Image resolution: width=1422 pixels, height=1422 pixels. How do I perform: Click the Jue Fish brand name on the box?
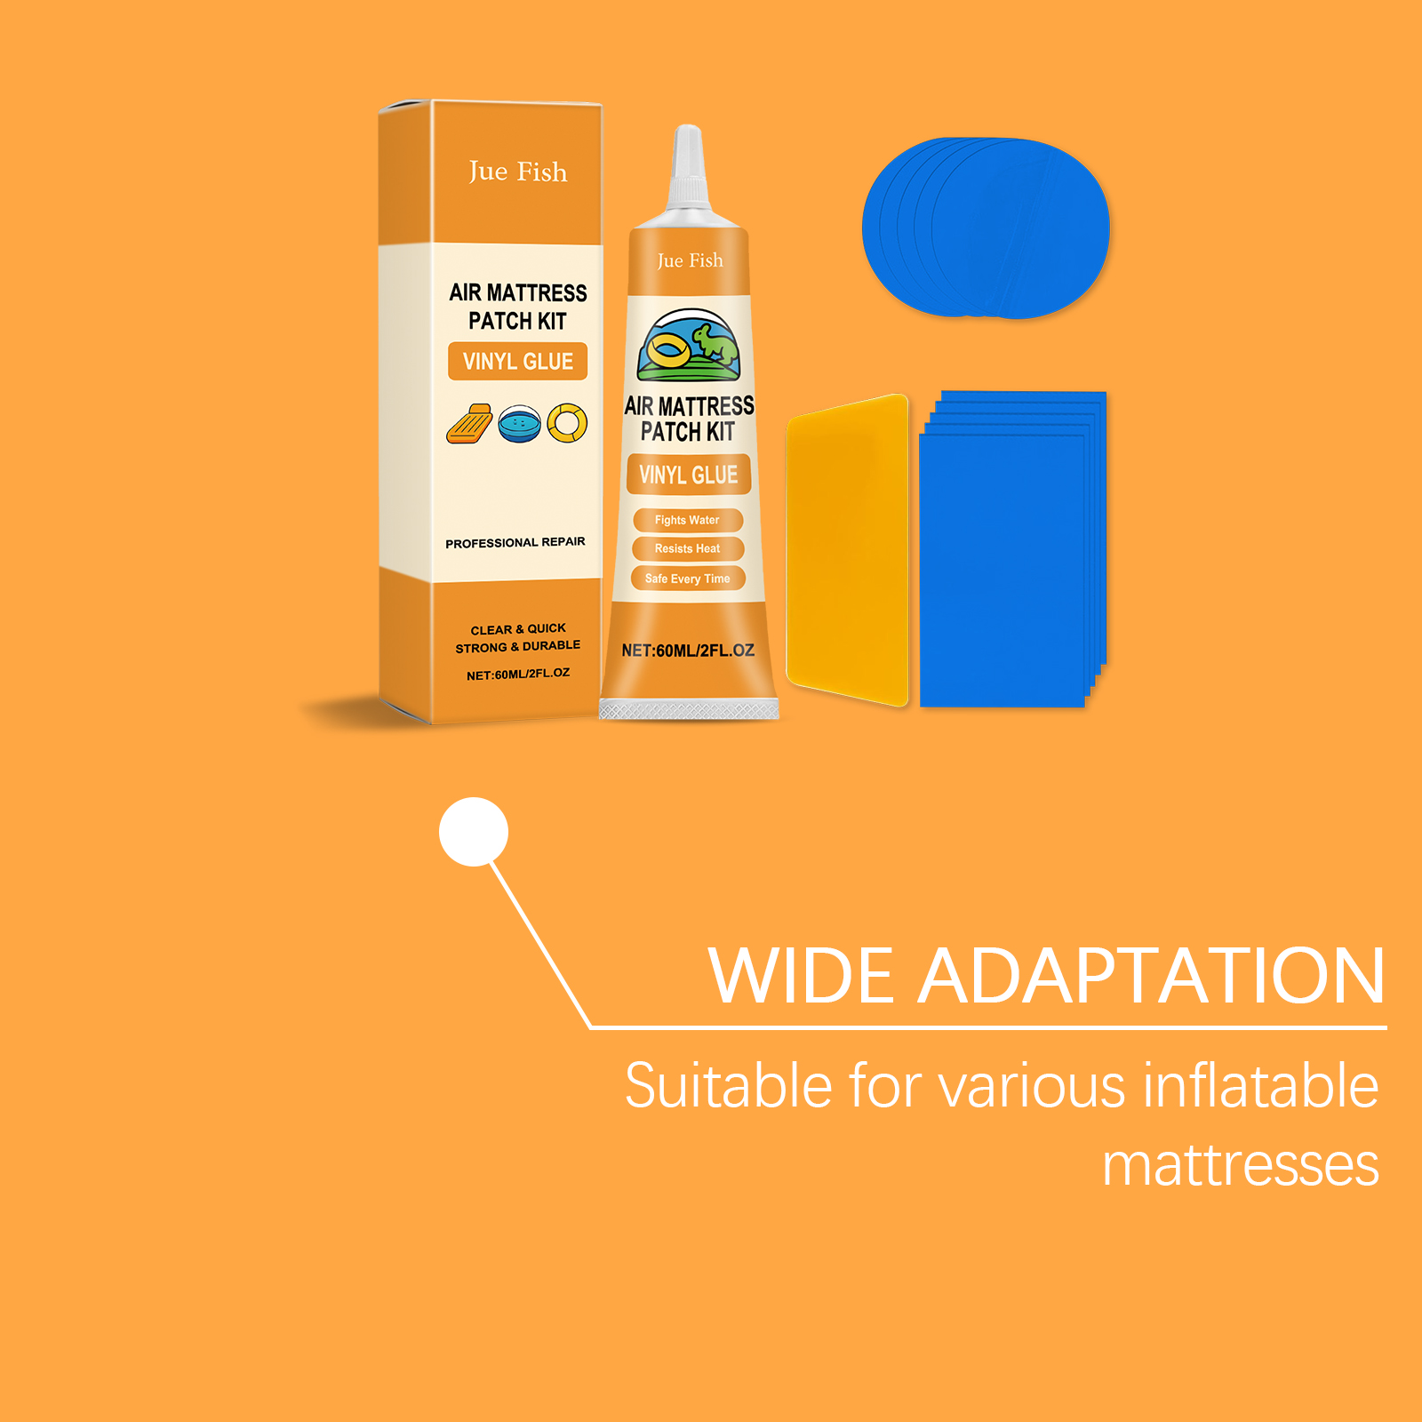click(x=517, y=171)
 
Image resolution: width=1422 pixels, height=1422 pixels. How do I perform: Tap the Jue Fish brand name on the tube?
click(x=690, y=260)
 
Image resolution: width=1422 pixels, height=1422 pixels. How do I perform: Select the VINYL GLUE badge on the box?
click(x=517, y=362)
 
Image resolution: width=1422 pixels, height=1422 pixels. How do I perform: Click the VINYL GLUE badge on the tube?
click(x=689, y=475)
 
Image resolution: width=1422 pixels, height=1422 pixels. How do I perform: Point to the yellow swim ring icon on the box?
click(x=567, y=423)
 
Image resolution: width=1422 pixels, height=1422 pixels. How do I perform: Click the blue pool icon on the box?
click(x=520, y=425)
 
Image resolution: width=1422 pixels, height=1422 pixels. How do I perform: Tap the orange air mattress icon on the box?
click(x=469, y=423)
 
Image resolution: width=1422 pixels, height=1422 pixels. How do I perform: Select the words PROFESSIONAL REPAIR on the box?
click(x=515, y=542)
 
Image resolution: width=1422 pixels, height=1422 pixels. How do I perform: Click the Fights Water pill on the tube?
click(x=687, y=520)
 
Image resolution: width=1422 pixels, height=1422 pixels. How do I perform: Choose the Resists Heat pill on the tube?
click(x=687, y=548)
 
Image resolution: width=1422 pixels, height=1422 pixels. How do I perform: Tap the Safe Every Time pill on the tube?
click(x=688, y=579)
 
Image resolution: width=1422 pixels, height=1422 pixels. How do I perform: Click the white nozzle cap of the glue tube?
click(x=688, y=169)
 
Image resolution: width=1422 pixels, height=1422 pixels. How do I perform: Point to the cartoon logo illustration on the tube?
click(x=689, y=346)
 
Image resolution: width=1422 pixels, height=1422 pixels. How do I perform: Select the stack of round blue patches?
click(x=986, y=228)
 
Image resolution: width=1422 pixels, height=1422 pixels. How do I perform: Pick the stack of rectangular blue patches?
click(x=1013, y=548)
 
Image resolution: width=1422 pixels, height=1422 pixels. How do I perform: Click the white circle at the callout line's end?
click(x=474, y=832)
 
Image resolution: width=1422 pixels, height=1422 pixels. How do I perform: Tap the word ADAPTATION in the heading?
click(x=1152, y=976)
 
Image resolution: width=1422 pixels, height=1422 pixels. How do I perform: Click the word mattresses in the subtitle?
click(x=1241, y=1164)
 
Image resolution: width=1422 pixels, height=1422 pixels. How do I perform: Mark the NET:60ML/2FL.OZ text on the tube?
click(x=688, y=651)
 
